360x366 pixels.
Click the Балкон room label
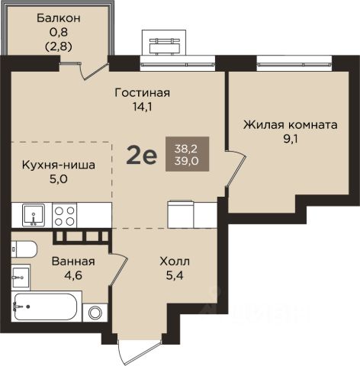click(x=59, y=18)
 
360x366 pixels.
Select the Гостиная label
click(x=143, y=93)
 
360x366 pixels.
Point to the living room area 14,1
click(x=143, y=107)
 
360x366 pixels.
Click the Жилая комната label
click(x=291, y=125)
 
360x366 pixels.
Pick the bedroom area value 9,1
click(x=291, y=139)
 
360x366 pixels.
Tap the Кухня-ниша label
click(x=59, y=165)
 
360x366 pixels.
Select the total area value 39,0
click(x=187, y=161)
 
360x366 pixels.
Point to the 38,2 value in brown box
click(x=186, y=149)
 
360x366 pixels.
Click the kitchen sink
click(x=34, y=215)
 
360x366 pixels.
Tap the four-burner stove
click(x=64, y=216)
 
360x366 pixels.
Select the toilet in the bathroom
click(x=24, y=249)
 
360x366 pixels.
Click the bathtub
click(x=46, y=307)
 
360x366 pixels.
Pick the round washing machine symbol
click(x=95, y=313)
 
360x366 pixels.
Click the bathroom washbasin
click(x=21, y=277)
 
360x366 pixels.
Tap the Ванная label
click(x=73, y=262)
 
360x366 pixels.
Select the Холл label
click(x=175, y=262)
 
